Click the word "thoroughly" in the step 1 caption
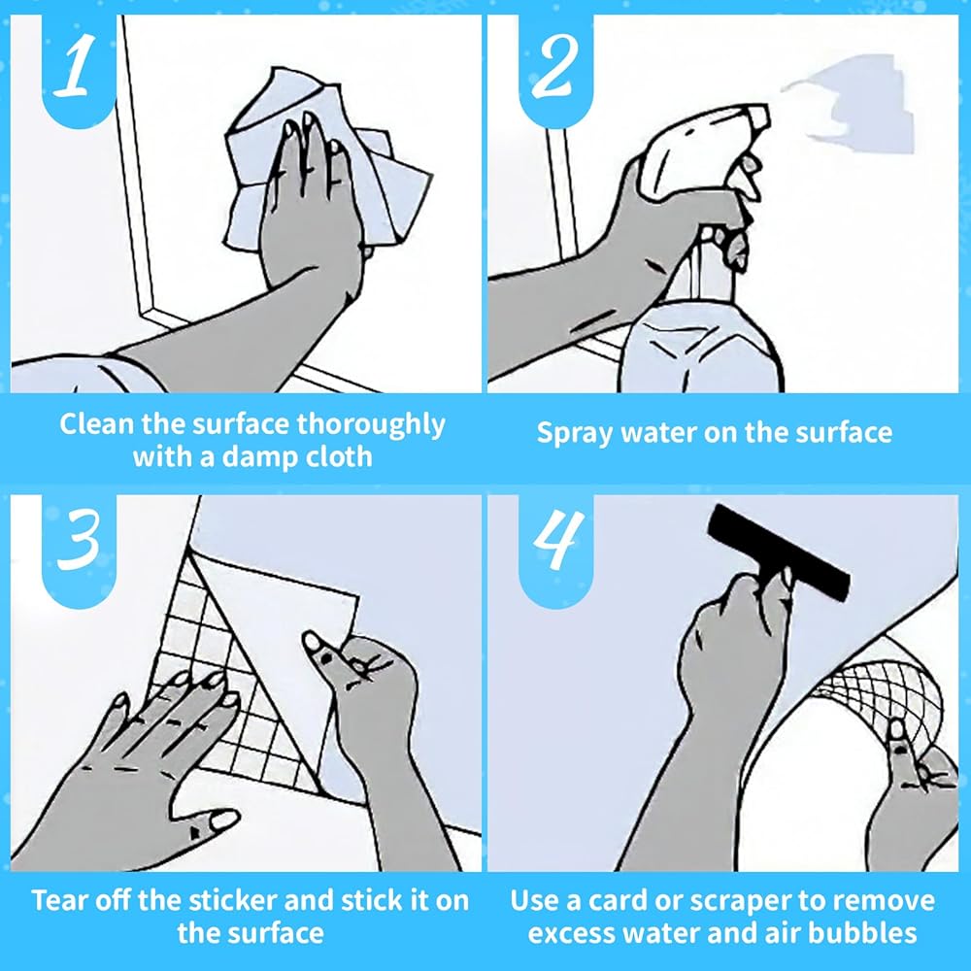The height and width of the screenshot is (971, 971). coord(370,426)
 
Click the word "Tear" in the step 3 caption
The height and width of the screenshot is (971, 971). coord(58,900)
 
